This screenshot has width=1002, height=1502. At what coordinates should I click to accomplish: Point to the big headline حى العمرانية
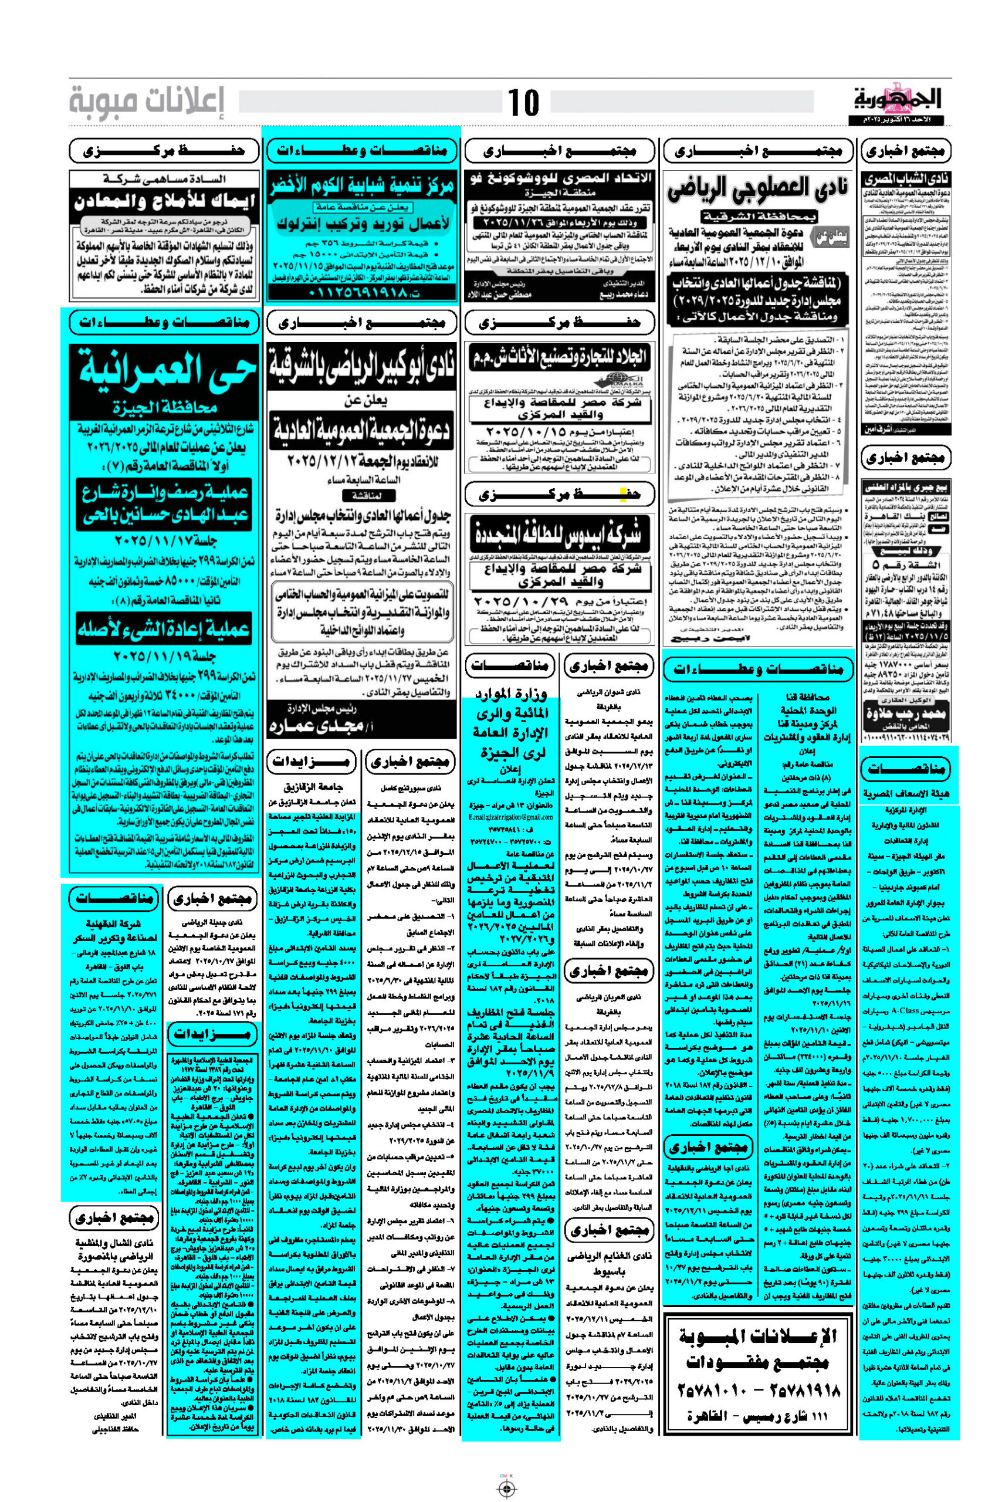pyautogui.click(x=165, y=373)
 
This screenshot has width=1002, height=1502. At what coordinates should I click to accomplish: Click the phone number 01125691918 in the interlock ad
pyautogui.click(x=363, y=293)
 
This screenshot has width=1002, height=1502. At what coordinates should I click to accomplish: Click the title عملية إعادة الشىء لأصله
pyautogui.click(x=165, y=630)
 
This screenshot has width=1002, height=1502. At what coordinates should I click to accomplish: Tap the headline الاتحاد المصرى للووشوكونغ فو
pyautogui.click(x=558, y=178)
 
